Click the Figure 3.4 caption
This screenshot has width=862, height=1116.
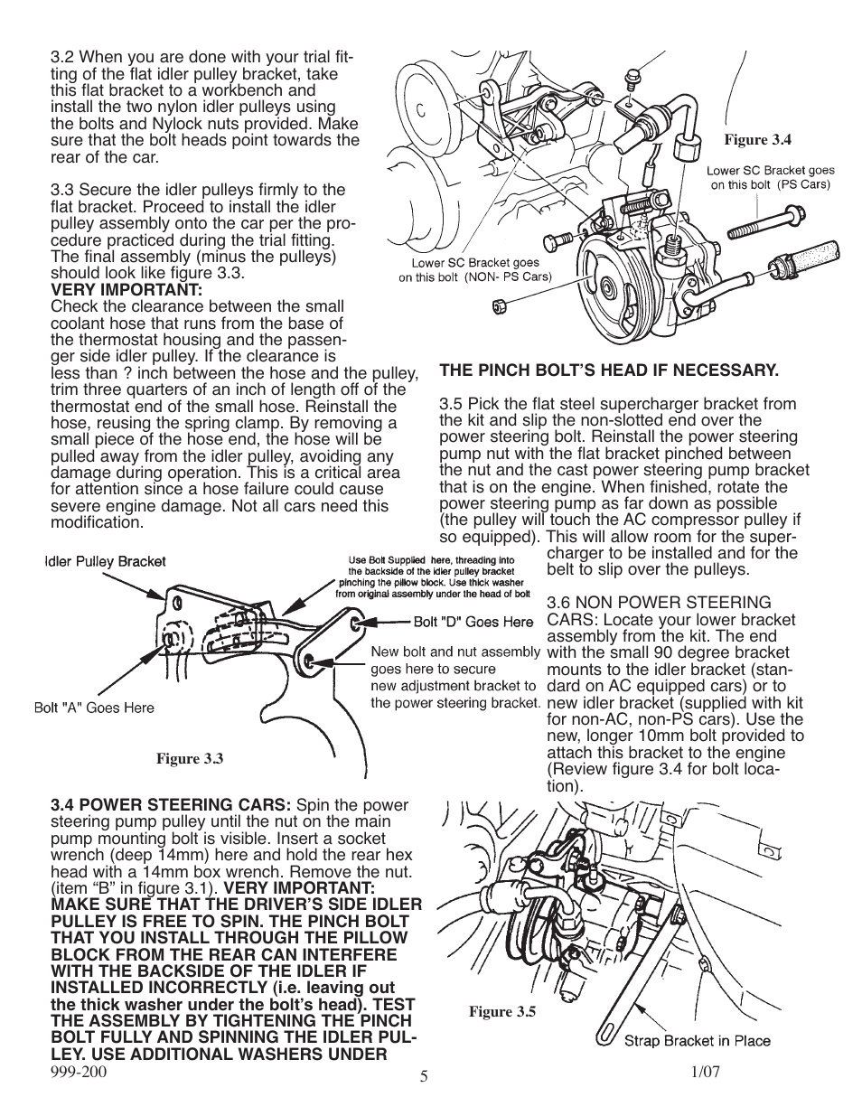758,140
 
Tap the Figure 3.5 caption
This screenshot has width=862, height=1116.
501,1012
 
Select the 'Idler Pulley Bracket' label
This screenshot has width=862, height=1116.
106,561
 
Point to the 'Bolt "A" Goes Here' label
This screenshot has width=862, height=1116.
94,708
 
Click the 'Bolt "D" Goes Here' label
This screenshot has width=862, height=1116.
473,622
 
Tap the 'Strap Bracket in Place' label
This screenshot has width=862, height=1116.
698,1040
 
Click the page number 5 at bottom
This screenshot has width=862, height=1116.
424,1077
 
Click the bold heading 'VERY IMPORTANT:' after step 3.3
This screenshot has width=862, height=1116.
126,289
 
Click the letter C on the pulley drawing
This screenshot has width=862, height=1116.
420,113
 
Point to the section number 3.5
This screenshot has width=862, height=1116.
451,404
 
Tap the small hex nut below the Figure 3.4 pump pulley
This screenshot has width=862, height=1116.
498,306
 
